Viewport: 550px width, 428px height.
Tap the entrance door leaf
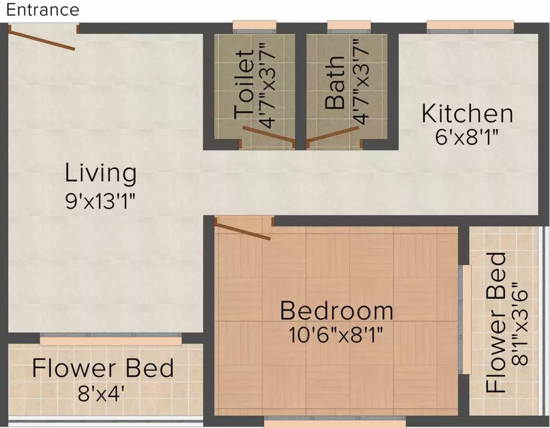click(x=42, y=39)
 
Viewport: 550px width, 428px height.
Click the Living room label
click(x=101, y=173)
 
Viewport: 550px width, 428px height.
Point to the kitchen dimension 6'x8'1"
click(x=466, y=137)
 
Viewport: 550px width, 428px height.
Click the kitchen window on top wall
click(x=470, y=26)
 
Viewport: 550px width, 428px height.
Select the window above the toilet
click(x=254, y=26)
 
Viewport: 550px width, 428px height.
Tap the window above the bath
click(x=349, y=26)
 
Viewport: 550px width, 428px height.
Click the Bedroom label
click(x=336, y=310)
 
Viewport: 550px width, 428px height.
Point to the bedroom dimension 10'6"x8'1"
click(x=336, y=334)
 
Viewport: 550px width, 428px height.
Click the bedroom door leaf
click(x=242, y=231)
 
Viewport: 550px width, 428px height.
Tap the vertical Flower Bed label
click(x=496, y=323)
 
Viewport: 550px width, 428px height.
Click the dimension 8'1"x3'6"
click(x=520, y=323)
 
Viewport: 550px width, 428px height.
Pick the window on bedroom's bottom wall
click(x=334, y=420)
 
